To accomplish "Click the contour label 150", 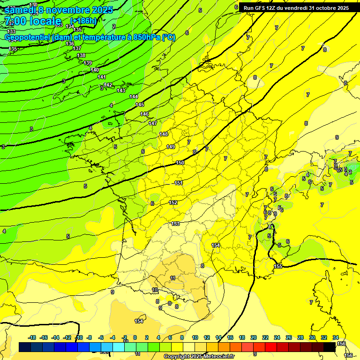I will point(180,163).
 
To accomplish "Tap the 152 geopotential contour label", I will point(173,202).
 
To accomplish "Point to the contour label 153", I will point(175,224).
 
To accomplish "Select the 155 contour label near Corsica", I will point(278,266).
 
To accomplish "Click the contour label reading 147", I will point(153,123).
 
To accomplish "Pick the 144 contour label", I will point(134,97).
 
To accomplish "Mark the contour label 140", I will point(95,70).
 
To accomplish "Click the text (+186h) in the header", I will point(83,21).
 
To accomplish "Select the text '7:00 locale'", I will point(33,21).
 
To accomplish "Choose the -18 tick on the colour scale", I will point(32,337).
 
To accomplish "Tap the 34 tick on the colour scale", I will point(336,337).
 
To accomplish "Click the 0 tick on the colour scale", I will point(135,337).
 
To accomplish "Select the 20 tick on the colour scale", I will point(254,337).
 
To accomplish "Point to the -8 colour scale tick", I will point(89,337).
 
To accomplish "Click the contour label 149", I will point(171,147).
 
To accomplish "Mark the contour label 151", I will point(178,183).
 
